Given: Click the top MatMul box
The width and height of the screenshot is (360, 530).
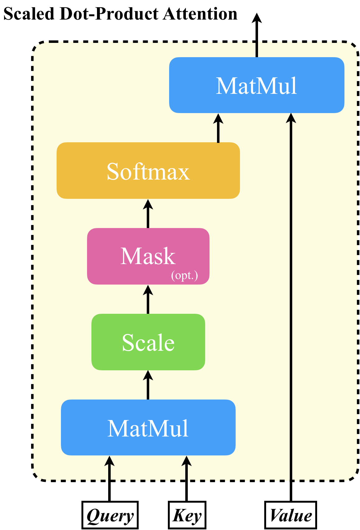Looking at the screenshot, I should (x=256, y=85).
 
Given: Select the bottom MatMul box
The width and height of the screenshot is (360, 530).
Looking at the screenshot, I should (x=148, y=427).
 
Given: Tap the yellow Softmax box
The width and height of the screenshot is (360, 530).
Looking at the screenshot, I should (x=148, y=171).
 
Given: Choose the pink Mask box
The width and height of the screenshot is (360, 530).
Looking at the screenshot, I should (x=148, y=256).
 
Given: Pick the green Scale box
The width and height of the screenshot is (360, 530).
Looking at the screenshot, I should (x=148, y=342).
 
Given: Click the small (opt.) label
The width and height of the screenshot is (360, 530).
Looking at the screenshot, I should (x=184, y=275).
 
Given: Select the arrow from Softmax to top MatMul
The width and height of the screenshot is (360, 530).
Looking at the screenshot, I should (x=218, y=128).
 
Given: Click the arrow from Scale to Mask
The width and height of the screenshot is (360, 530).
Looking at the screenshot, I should (x=148, y=299).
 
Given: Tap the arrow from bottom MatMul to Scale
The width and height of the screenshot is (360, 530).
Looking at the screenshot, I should (x=148, y=385).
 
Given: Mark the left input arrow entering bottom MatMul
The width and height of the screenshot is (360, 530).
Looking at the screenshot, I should (x=109, y=468).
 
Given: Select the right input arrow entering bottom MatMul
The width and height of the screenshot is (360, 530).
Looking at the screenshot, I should (x=186, y=468).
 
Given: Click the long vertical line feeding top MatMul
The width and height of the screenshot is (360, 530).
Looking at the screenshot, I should (x=291, y=295).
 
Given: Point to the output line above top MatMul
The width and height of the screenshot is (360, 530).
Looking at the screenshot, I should (x=257, y=50).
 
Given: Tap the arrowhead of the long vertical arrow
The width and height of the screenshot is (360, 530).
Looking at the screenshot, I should (x=291, y=118).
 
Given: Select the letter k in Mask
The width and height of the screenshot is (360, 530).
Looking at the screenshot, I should (x=170, y=257).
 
